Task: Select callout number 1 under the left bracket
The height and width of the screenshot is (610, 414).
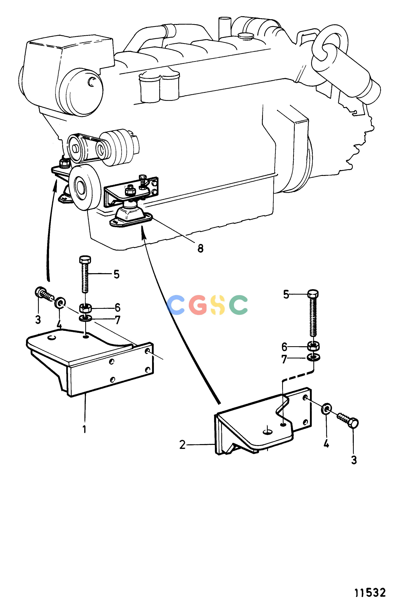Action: (84, 429)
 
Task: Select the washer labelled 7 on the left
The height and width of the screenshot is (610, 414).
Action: (85, 318)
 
